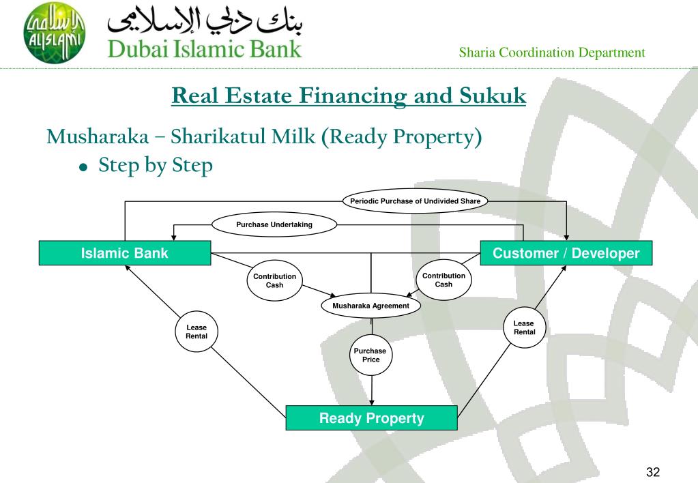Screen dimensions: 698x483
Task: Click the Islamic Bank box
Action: [x=124, y=254]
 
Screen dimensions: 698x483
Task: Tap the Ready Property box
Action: [x=371, y=418]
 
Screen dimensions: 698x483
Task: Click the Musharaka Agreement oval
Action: [x=370, y=306]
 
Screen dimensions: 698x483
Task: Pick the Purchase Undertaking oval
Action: [x=275, y=225]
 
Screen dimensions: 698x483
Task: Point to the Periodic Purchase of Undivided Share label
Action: [x=415, y=201]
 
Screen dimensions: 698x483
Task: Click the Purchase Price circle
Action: [x=371, y=355]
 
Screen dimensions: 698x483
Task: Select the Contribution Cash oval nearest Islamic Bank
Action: [x=274, y=280]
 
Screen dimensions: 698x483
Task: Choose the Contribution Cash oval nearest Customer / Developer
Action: [x=443, y=280]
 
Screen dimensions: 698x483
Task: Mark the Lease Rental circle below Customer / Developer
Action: [x=524, y=327]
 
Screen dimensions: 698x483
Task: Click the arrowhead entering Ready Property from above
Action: [x=371, y=402]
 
